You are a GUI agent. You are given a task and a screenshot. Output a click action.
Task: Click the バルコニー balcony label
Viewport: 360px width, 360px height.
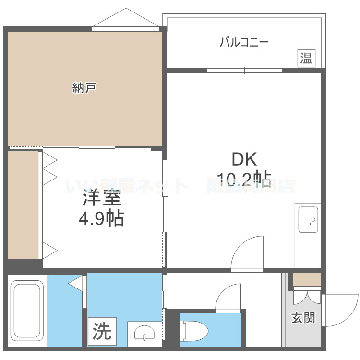click(x=244, y=42)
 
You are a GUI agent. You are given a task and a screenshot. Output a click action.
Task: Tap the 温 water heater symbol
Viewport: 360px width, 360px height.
click(x=306, y=58)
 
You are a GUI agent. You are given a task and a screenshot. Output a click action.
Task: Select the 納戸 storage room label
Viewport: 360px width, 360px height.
click(x=84, y=88)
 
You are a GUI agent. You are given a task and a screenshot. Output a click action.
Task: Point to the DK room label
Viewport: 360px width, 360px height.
click(x=245, y=159)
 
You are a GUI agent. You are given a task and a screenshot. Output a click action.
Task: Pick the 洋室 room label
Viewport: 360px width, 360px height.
click(x=101, y=198)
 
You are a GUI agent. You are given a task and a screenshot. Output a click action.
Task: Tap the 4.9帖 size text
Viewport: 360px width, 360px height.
click(x=101, y=219)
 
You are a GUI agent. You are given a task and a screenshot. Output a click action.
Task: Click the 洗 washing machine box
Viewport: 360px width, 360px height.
click(x=102, y=331)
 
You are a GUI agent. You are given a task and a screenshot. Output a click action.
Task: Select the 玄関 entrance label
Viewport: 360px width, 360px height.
click(x=303, y=317)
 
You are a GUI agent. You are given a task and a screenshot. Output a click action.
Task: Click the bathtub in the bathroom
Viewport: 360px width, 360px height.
click(x=27, y=312)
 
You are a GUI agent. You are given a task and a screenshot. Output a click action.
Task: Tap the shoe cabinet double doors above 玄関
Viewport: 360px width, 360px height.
click(x=307, y=296)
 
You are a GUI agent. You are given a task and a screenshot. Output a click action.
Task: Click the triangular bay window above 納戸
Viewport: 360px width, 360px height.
click(x=125, y=19)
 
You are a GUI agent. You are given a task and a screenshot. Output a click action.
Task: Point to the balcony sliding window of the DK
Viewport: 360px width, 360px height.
click(x=244, y=71)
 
